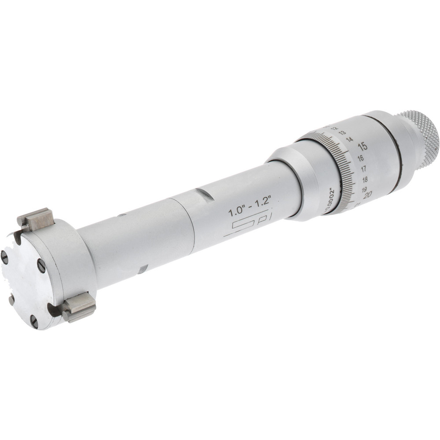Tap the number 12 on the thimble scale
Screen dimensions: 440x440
334,128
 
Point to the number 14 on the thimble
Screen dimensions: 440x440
350,139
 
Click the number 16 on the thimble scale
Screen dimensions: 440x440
360,158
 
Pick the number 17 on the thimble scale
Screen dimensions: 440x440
364,169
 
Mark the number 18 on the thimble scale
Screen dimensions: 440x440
365,180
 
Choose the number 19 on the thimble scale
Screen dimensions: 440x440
365,189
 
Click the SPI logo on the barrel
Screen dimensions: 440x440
244,227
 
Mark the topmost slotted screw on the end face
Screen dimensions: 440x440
4,257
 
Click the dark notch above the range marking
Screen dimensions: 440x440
205,194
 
